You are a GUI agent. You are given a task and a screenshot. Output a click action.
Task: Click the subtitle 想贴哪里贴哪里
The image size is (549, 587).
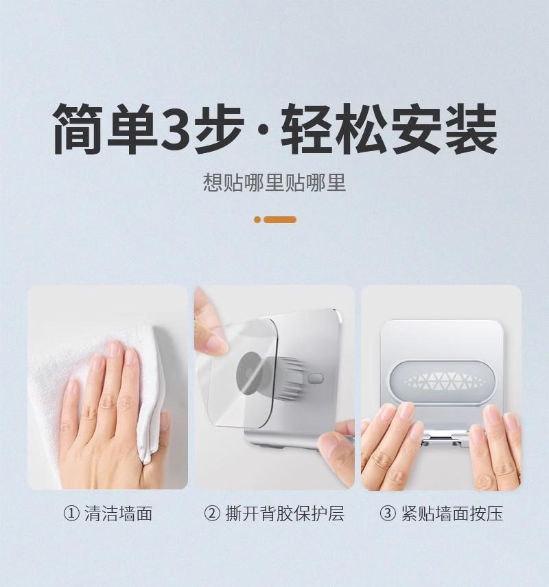point(274,183)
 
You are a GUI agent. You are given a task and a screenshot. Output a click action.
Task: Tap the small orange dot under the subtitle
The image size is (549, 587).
point(257,220)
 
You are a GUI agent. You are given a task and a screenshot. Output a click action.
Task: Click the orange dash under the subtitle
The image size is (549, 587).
point(280,220)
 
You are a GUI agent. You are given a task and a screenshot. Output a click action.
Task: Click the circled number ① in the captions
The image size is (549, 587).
point(71,514)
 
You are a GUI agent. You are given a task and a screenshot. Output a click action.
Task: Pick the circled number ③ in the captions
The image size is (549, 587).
point(388,514)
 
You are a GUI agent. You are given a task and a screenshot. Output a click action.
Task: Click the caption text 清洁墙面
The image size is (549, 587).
point(118,514)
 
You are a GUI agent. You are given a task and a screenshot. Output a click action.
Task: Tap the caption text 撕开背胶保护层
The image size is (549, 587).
point(284,514)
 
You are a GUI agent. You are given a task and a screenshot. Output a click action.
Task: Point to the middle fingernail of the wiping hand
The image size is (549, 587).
point(115,352)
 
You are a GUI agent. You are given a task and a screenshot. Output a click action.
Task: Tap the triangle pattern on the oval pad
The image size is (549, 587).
point(441,380)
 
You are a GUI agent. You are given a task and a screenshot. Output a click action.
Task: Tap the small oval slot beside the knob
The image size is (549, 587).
point(315,378)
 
